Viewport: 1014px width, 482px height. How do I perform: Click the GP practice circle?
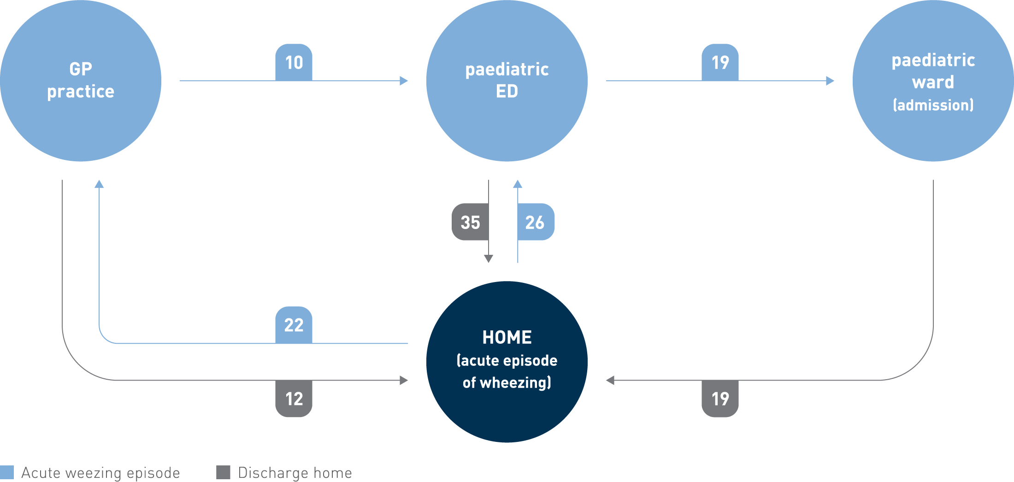(x=81, y=81)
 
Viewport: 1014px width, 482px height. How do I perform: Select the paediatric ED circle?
(x=507, y=81)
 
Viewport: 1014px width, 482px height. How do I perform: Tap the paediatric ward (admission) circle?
(x=933, y=81)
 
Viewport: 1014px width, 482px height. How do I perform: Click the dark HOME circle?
(x=507, y=362)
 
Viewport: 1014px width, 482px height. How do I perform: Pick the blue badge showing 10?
(x=294, y=62)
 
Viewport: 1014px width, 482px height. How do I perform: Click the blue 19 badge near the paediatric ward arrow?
(x=720, y=62)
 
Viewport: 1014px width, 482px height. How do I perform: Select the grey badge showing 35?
(x=470, y=222)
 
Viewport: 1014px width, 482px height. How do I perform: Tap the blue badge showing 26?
(x=535, y=222)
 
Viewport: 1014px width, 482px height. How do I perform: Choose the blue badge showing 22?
(x=294, y=325)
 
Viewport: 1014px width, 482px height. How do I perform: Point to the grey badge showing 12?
(x=294, y=399)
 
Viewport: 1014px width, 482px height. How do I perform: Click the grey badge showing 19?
(x=720, y=399)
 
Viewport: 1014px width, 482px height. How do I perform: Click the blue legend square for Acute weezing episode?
(x=7, y=472)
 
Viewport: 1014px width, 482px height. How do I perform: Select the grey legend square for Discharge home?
(x=223, y=472)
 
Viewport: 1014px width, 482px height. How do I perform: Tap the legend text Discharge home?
(x=295, y=473)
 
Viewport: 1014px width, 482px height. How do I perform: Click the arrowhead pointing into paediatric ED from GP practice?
(x=404, y=81)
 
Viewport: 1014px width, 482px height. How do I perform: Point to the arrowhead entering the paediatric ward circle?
(x=830, y=81)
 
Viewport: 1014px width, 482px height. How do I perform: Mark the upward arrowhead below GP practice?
(x=99, y=184)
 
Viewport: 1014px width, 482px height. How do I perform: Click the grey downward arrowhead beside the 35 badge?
(x=489, y=259)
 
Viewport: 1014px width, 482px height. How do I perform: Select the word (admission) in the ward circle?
(x=933, y=105)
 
